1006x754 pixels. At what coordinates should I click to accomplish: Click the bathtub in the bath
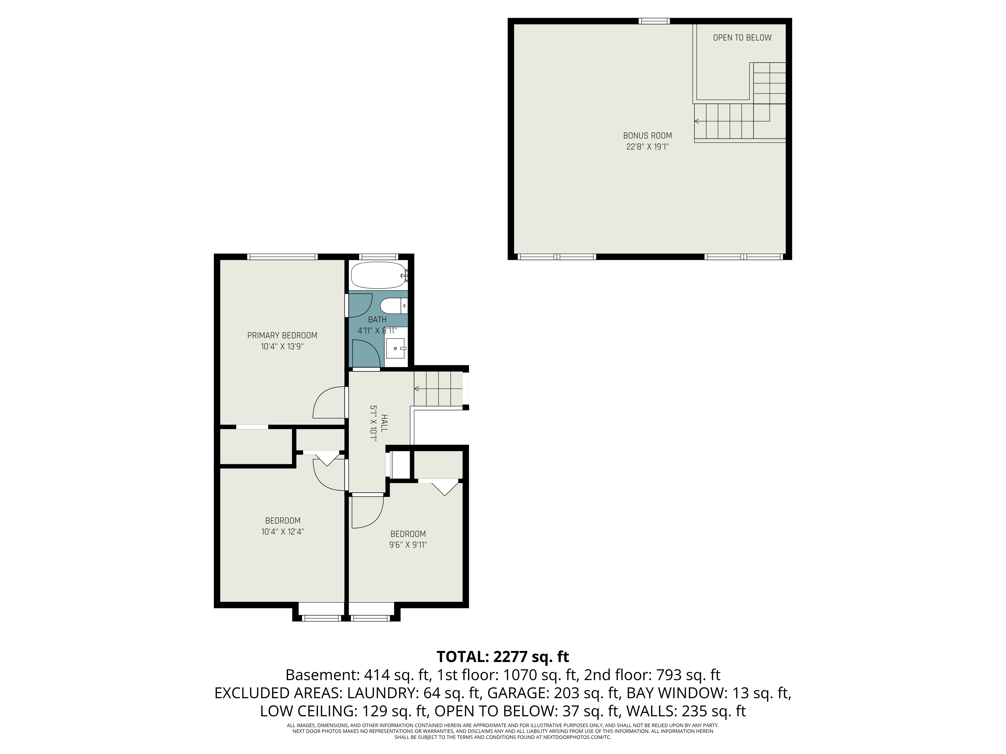pos(379,275)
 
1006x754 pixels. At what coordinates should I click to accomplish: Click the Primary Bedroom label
pos(282,336)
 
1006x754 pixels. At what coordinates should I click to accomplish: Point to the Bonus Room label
pos(647,135)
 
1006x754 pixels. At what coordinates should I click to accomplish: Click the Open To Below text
pos(742,38)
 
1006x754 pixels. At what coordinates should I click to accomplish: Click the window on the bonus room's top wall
pos(654,21)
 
